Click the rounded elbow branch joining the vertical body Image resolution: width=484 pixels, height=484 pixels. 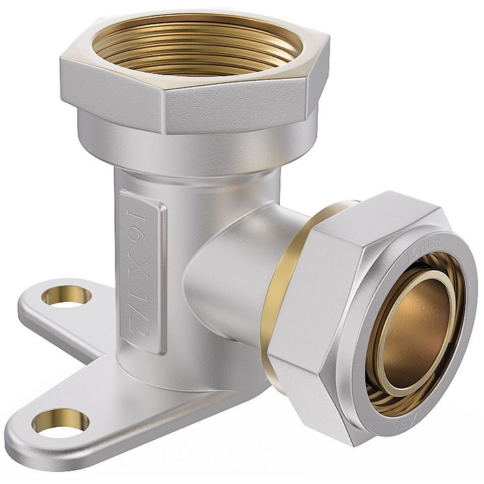(x=222, y=269)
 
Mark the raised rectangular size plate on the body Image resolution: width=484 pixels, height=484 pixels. (x=142, y=269)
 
